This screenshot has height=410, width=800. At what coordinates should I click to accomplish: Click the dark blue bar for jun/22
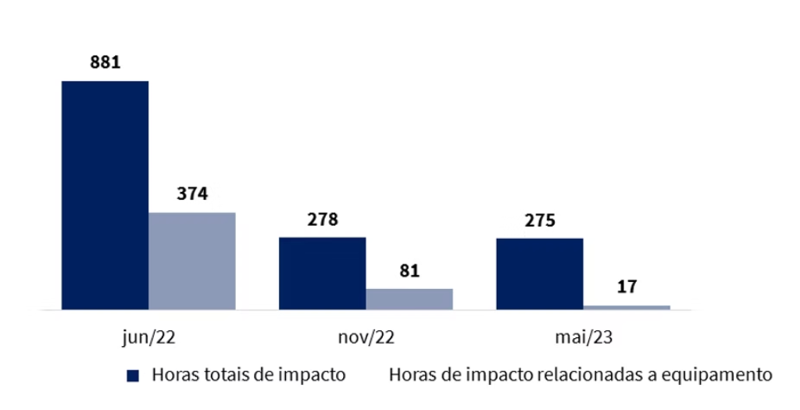pos(105,195)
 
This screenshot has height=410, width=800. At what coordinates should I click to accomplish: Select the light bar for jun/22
pos(191,261)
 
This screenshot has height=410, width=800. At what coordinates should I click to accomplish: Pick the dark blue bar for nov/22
pos(322,273)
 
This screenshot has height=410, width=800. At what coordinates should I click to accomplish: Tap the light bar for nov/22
pos(409,299)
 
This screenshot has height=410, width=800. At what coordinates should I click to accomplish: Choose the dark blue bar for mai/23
pos(539,274)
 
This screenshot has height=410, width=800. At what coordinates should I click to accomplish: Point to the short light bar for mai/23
pos(626,307)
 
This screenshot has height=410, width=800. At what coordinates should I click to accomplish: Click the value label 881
pos(105,62)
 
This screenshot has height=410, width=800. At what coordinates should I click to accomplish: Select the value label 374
pos(191,193)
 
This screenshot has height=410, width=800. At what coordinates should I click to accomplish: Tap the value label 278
pos(322,219)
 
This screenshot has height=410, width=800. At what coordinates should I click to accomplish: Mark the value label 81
pos(409,270)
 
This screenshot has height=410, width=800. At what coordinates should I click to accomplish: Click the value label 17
pos(627,287)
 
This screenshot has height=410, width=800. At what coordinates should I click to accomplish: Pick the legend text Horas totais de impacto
pos(248,375)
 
